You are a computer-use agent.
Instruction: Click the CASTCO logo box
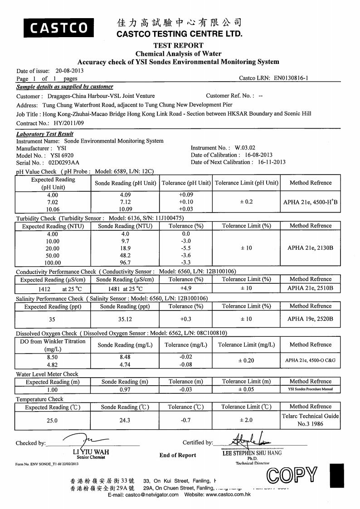[x=59, y=28]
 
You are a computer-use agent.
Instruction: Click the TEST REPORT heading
[x=179, y=45]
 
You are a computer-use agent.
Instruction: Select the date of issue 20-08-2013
[x=69, y=71]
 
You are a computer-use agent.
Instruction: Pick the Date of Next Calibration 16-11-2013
[x=272, y=162]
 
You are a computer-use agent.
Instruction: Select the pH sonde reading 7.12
[x=125, y=202]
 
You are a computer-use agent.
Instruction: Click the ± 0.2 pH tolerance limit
[x=246, y=202]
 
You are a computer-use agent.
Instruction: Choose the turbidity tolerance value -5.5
[x=186, y=248]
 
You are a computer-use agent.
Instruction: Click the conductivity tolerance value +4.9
[x=186, y=288]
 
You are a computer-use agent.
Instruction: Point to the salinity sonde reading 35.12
[x=125, y=319]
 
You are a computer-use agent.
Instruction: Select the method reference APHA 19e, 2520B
[x=311, y=319]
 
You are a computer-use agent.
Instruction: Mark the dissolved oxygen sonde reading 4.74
[x=125, y=364]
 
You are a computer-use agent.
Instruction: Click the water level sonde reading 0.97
[x=125, y=389]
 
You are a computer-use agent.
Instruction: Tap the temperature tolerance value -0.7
[x=186, y=420]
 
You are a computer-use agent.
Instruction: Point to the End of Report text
[x=178, y=455]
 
